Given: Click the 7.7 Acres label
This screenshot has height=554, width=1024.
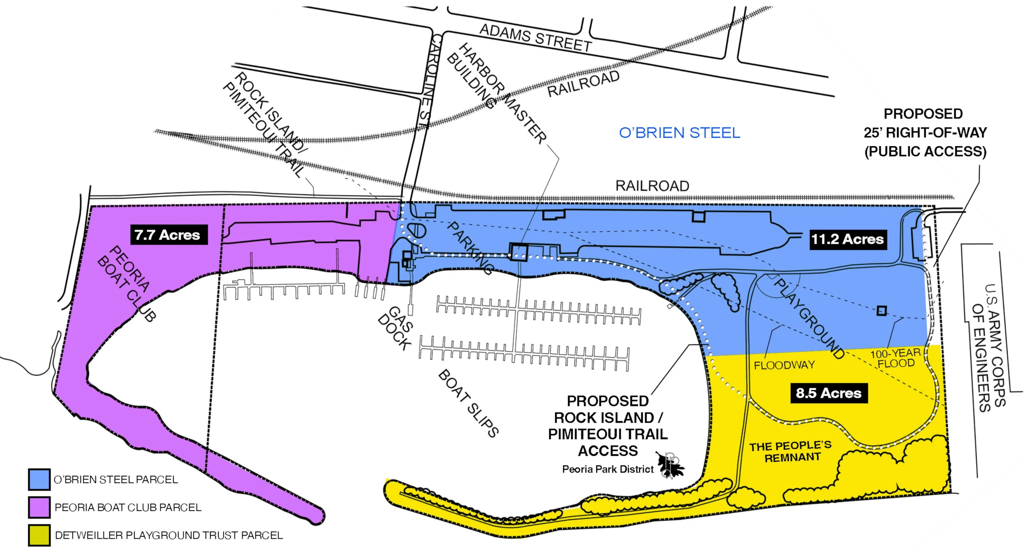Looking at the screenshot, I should [167, 234].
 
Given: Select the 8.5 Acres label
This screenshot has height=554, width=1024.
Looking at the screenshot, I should [828, 393].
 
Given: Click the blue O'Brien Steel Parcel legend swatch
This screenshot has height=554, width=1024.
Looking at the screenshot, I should [39, 479].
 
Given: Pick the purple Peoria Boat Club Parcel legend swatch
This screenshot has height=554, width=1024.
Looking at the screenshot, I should [39, 507].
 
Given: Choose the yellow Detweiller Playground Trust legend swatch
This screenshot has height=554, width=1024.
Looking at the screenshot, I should [39, 535].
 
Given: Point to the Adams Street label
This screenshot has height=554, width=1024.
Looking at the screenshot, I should [535, 38].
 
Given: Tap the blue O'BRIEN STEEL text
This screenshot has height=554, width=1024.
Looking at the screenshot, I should [679, 133].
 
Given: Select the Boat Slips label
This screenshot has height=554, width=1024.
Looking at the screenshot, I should [468, 403].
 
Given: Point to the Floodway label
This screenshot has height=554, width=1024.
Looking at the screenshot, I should [784, 365].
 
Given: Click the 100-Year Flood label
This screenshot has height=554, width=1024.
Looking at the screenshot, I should [895, 358].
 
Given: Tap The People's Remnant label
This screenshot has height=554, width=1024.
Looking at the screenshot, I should [791, 451].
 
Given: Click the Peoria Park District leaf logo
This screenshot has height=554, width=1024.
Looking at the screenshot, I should [670, 465].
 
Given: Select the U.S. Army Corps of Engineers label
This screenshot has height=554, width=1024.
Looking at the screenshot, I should [987, 347].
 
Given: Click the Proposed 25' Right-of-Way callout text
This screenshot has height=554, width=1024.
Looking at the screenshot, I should [925, 133].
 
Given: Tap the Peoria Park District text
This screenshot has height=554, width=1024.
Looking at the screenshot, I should [607, 469].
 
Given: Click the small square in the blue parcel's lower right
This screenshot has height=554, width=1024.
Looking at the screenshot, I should [881, 310].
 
